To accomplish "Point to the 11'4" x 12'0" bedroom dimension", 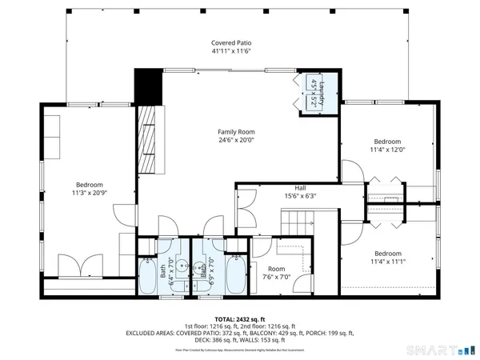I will coord(388,149).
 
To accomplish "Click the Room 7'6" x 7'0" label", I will coord(276,274).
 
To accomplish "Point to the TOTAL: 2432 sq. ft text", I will coord(240,318).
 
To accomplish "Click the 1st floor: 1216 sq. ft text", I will coord(211,326).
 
